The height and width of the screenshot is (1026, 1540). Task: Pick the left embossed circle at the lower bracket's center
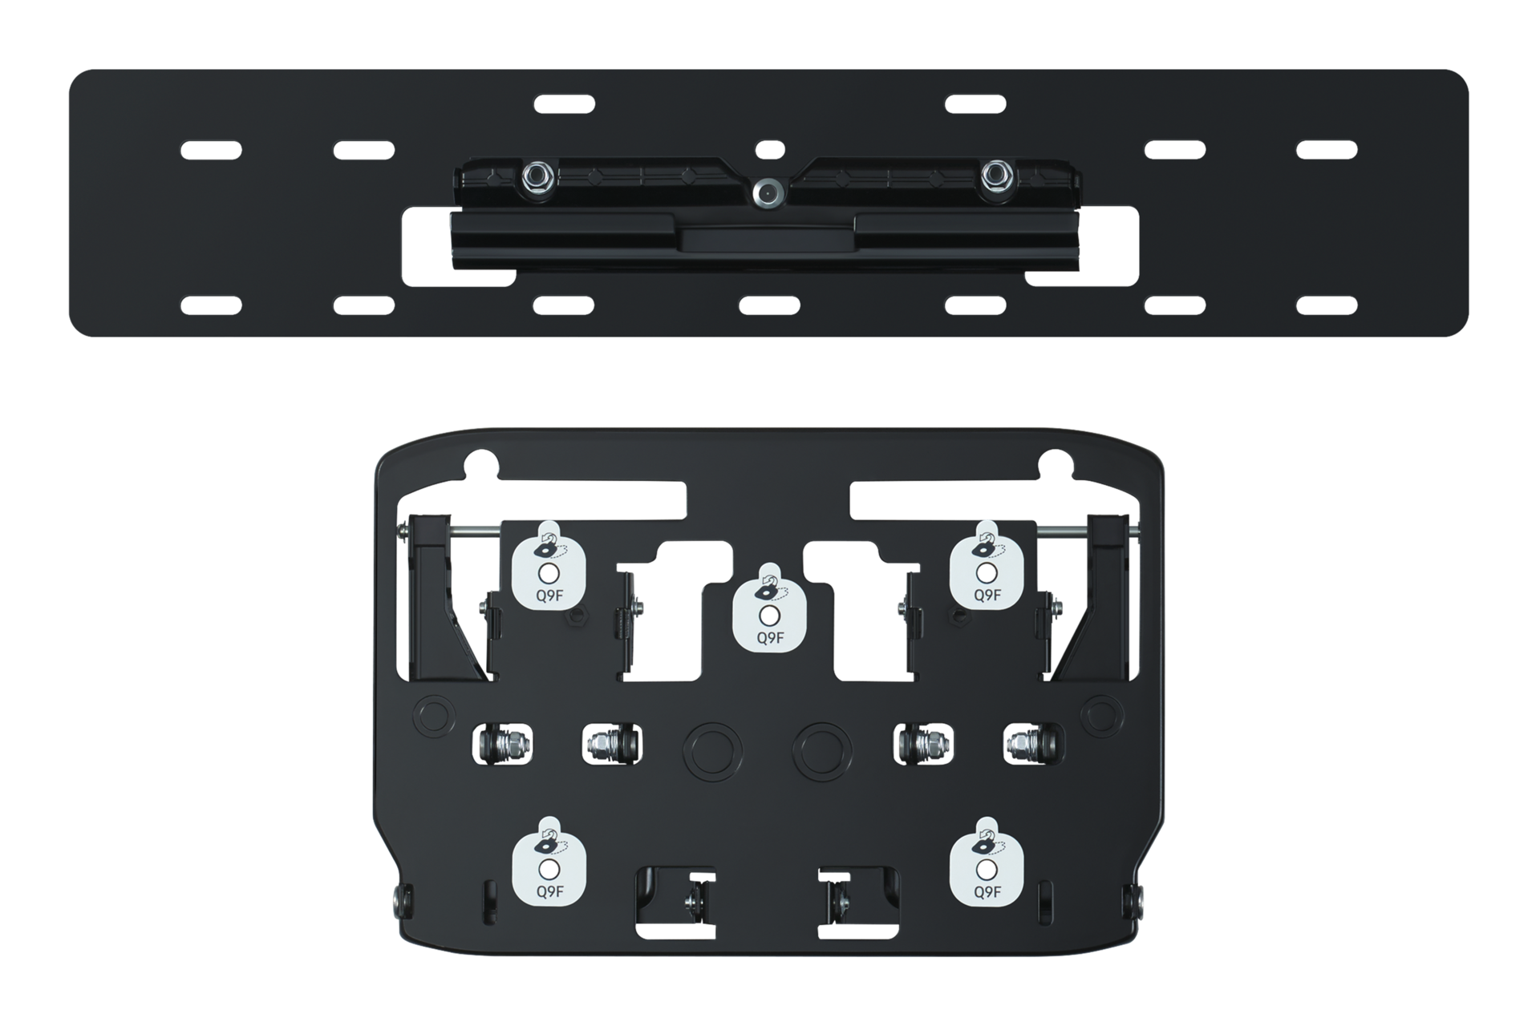(712, 745)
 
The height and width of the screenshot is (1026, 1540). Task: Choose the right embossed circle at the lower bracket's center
(821, 745)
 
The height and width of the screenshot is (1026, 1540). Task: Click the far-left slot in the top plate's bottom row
(210, 305)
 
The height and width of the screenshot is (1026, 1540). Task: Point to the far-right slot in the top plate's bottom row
(1327, 305)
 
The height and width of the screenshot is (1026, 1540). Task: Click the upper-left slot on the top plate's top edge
(564, 103)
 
